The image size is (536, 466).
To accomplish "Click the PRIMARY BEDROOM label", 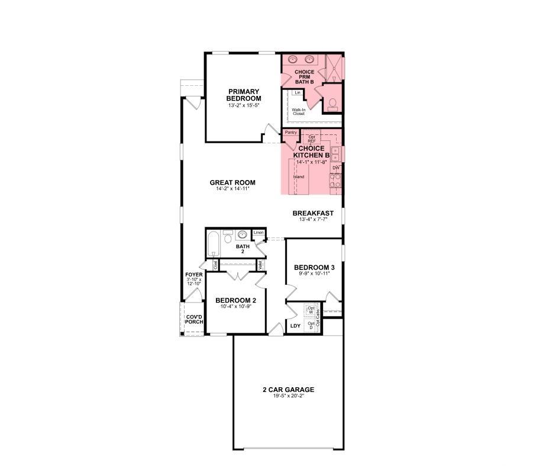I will click(244, 95).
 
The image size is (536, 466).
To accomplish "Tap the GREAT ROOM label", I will click(233, 182).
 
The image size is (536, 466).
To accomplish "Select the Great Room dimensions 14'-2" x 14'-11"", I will click(233, 189).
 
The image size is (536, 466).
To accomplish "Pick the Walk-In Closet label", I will click(298, 111).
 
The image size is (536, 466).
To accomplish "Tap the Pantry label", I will click(290, 133).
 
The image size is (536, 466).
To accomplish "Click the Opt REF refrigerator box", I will click(311, 139).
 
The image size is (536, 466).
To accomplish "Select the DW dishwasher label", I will click(335, 168).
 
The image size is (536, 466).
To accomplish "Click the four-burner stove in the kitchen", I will click(335, 180).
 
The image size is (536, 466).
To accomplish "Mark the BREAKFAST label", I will click(313, 213).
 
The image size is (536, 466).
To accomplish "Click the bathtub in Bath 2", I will click(214, 244).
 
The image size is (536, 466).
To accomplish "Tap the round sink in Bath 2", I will click(242, 234).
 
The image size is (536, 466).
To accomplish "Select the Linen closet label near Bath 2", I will click(258, 233).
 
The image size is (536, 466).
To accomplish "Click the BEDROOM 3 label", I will click(314, 267).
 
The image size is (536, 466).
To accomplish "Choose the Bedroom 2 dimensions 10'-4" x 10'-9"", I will click(235, 306).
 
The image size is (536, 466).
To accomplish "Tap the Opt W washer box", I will click(311, 310).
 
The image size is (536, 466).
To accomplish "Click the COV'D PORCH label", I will click(193, 320).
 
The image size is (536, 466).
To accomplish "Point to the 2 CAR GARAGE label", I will click(288, 390).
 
